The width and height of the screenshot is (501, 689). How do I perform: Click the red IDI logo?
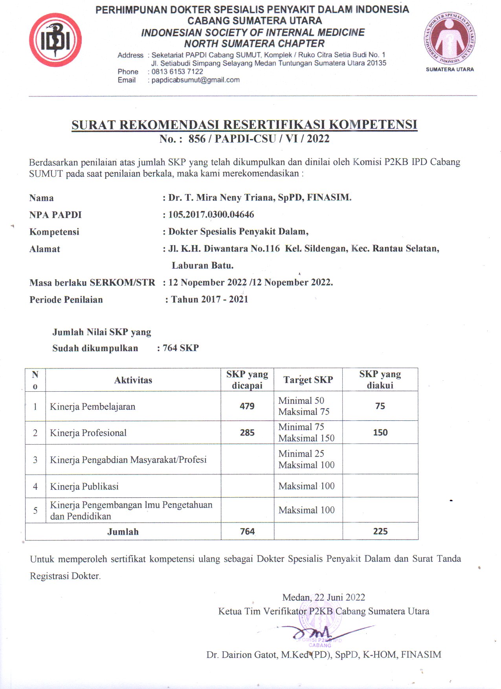55,40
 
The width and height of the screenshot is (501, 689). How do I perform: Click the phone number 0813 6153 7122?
177,71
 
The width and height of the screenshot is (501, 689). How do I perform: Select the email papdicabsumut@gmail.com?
195,80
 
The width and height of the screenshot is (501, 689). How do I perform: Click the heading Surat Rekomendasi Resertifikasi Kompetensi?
244,125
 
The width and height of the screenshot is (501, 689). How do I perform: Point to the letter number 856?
197,139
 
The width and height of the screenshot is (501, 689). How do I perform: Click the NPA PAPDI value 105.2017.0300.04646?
211,214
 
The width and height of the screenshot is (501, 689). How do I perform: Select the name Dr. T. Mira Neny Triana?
221,197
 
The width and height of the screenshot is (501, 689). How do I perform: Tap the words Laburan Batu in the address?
202,266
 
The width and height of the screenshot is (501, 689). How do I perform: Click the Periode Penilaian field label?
66,300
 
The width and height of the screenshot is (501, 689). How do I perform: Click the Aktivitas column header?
133,380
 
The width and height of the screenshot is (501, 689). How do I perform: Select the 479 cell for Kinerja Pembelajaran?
247,406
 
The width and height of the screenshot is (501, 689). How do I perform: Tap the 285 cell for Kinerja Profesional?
247,433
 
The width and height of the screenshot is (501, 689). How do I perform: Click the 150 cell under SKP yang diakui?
380,432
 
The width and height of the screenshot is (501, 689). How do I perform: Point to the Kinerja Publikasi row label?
84,486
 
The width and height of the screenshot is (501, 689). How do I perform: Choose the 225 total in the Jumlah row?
380,531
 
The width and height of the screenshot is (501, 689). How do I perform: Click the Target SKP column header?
308,380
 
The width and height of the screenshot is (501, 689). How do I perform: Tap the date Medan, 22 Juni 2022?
323,597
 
